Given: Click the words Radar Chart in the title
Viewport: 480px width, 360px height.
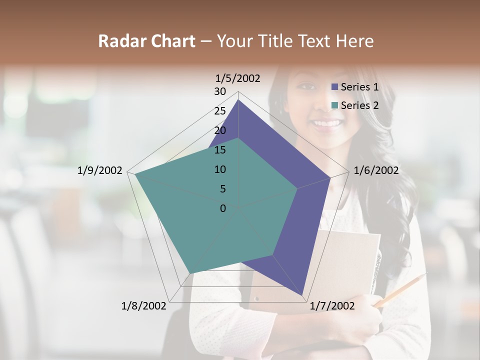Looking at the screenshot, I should tap(146, 41).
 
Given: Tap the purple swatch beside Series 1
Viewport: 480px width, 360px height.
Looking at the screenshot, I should tap(335, 87).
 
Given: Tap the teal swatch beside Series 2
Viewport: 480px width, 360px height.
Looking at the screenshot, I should tap(335, 105).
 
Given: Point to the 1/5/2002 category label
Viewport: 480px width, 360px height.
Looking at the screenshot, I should tap(237, 78).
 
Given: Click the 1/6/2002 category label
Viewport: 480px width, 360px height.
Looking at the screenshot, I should tap(376, 170).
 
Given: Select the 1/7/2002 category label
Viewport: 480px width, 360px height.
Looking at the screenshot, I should tap(332, 306).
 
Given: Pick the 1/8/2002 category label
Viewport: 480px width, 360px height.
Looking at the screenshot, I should tap(144, 306).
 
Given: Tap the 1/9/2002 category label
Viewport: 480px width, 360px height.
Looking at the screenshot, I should tap(100, 170).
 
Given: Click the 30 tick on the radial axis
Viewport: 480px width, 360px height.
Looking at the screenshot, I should tap(220, 91).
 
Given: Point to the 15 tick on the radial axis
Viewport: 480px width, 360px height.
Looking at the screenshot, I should tap(220, 150).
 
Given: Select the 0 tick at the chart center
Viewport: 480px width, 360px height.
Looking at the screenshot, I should tap(223, 208).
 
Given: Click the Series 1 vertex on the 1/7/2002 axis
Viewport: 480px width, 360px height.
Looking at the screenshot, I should tap(302, 295).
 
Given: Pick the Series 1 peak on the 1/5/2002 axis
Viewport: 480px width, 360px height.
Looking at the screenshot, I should tap(238, 99).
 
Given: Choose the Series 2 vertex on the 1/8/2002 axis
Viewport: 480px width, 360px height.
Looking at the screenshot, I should tap(190, 273).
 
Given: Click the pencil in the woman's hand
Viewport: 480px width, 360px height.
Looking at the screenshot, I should tap(400, 290).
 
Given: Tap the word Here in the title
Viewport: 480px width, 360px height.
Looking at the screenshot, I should tap(355, 41).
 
